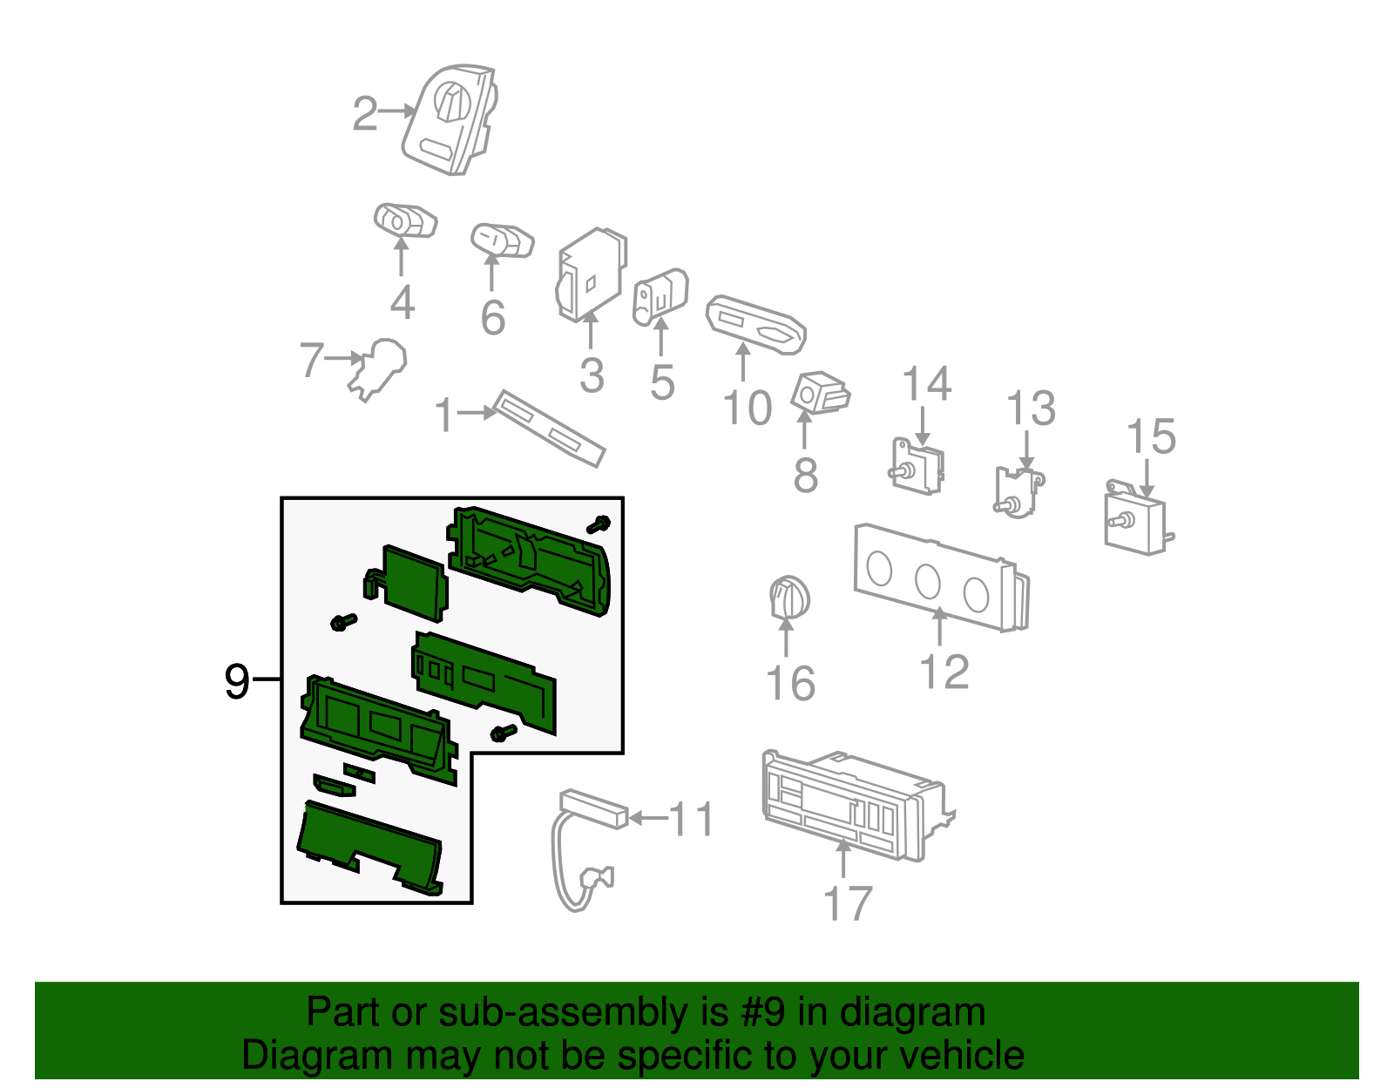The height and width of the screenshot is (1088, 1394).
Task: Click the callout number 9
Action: click(x=236, y=681)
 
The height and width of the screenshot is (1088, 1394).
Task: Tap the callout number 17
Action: click(x=848, y=903)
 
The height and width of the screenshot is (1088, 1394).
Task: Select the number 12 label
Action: click(x=944, y=672)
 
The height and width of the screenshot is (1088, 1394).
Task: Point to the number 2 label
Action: click(x=365, y=114)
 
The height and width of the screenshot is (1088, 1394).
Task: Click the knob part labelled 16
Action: click(x=789, y=598)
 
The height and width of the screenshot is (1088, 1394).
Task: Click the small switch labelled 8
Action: click(x=821, y=392)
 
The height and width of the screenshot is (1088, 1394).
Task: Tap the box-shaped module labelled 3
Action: click(x=591, y=274)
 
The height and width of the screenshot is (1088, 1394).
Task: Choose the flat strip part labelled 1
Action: click(x=549, y=429)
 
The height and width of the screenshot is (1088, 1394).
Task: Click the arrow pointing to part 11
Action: click(x=648, y=817)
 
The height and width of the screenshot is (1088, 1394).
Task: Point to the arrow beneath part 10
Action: click(x=742, y=362)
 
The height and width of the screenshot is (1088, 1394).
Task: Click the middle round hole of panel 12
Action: click(x=928, y=581)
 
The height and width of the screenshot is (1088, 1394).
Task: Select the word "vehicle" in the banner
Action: click(x=962, y=1055)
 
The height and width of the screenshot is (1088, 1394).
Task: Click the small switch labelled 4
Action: click(x=405, y=220)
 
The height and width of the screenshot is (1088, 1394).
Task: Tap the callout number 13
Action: click(x=1031, y=408)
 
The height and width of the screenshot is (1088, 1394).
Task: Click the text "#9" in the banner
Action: click(x=762, y=1012)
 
